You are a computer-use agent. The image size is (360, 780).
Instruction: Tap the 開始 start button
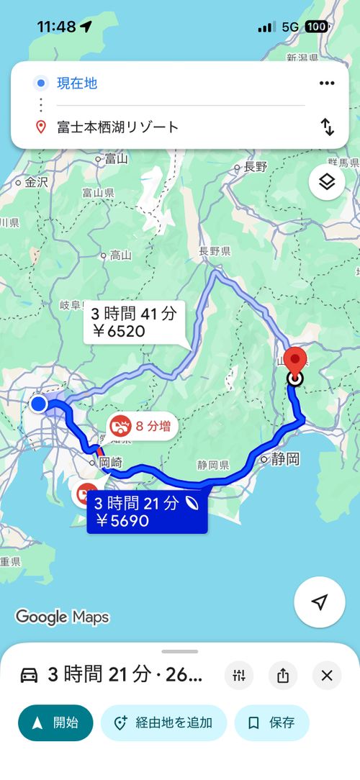coord(55,722)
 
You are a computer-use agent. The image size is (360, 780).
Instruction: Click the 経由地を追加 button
coord(163,722)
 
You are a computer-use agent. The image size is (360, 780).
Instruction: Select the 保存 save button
coord(271,722)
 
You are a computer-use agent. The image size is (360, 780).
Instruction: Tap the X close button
coord(327,675)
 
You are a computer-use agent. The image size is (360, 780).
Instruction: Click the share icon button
coord(283,675)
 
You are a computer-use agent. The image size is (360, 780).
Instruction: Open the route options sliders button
coord(239,675)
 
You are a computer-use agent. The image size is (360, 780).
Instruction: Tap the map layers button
coord(327,182)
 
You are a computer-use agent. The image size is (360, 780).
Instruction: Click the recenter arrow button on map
coord(320,602)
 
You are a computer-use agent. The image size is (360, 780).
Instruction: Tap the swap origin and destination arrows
coord(328,127)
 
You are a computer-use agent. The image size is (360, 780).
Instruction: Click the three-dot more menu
coord(327,83)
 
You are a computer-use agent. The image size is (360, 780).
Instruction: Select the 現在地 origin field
coord(77,83)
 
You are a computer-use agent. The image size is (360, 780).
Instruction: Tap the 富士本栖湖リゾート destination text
coord(118,127)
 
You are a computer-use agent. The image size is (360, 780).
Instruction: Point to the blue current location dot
coord(39,404)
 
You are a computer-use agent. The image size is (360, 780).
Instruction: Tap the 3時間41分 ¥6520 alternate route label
coord(135,322)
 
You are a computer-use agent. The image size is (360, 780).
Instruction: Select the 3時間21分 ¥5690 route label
coord(147,512)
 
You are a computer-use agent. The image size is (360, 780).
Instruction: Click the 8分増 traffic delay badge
coord(143,426)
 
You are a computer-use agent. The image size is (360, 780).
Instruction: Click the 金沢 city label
coord(35,183)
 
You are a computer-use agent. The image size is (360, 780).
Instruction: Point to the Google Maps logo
coord(62,617)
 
